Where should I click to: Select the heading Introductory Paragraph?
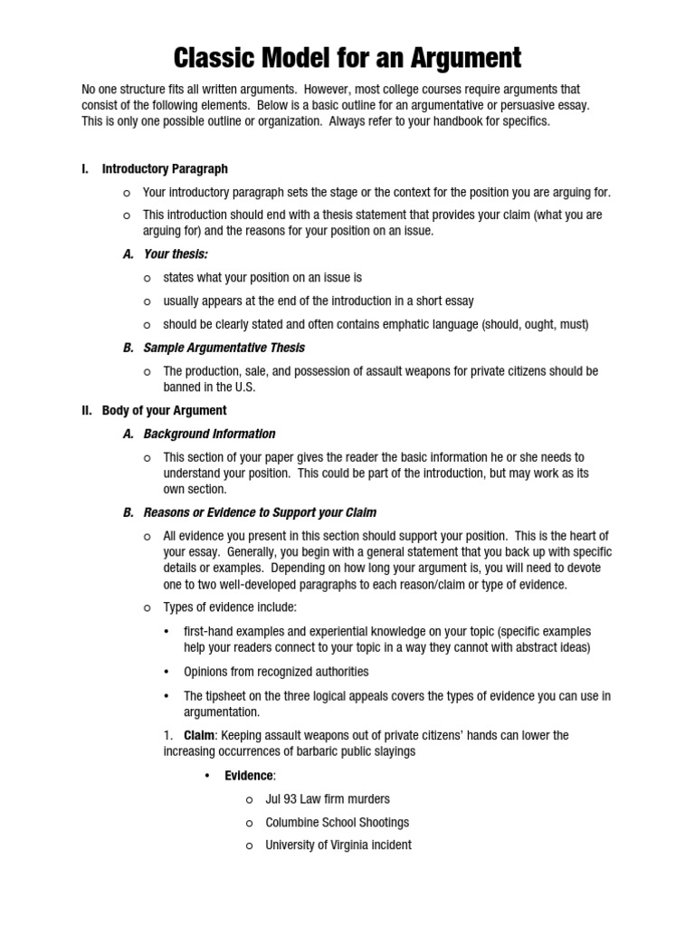click(165, 168)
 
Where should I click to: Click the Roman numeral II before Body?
click(87, 410)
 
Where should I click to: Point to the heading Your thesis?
click(176, 254)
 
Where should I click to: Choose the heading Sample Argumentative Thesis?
click(224, 348)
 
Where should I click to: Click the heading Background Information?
click(209, 434)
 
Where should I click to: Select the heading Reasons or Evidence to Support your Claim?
click(260, 512)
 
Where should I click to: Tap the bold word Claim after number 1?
click(200, 735)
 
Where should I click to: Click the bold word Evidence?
click(249, 776)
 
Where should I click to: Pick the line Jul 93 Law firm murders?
click(327, 798)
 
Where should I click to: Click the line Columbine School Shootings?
click(337, 822)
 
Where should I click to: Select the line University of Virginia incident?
click(338, 845)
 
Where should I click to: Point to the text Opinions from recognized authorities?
click(276, 672)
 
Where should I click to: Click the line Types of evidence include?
click(230, 607)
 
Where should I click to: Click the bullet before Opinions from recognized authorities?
click(167, 672)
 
